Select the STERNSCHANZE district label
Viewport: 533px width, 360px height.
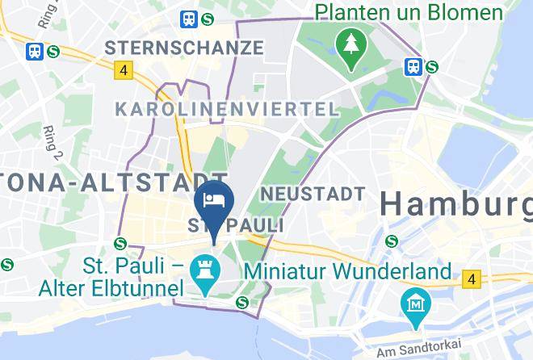(x=190, y=48)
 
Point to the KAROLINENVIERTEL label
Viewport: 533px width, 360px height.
(x=226, y=109)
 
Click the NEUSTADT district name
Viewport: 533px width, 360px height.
(x=313, y=194)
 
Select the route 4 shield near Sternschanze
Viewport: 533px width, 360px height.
(x=123, y=71)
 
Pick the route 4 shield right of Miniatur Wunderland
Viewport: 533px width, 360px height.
(x=471, y=280)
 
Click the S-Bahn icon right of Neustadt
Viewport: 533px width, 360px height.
(x=392, y=240)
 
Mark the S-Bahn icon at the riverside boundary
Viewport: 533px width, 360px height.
(x=241, y=302)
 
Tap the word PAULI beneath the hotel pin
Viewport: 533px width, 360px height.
(x=251, y=224)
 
